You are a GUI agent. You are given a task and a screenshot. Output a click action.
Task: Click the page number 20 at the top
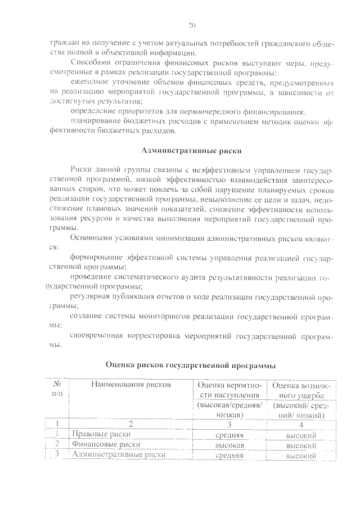click(x=192, y=25)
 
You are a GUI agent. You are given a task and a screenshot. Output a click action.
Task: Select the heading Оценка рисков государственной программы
click(x=191, y=365)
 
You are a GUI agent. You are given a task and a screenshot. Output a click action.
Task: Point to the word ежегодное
click(x=90, y=82)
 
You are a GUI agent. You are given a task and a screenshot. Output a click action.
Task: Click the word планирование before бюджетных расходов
click(x=95, y=121)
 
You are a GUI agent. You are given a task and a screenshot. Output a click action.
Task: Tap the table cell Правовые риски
click(x=101, y=435)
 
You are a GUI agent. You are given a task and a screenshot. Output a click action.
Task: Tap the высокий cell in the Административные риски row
click(x=300, y=456)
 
